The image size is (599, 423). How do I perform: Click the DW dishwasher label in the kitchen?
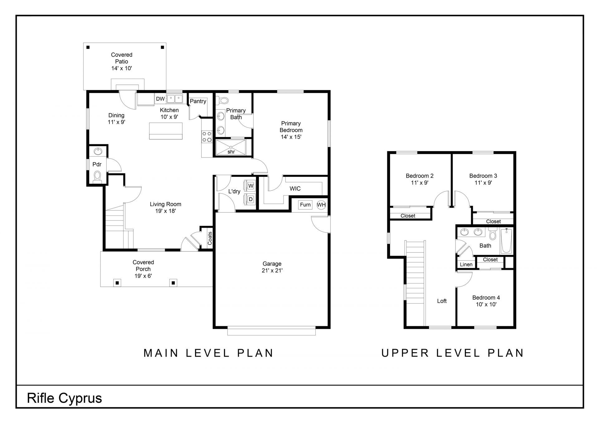(x=160, y=99)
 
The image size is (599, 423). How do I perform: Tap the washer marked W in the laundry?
(x=251, y=186)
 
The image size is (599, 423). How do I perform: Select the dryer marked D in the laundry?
(x=251, y=199)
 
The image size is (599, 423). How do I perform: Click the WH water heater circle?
(x=321, y=205)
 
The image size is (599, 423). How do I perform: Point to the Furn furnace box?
(x=305, y=204)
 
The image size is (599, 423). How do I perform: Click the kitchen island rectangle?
(x=166, y=131)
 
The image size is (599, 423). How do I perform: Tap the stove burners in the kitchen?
(x=207, y=137)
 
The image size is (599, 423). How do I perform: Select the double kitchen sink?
(x=174, y=99)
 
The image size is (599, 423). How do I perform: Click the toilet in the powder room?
(x=98, y=176)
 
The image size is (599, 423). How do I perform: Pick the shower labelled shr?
(x=231, y=147)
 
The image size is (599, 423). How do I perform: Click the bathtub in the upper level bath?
(x=507, y=241)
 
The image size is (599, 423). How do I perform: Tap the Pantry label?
(x=198, y=101)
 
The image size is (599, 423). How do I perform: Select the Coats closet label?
(x=210, y=238)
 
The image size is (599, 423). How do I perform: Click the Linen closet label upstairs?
(x=466, y=265)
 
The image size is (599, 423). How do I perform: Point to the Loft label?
(x=442, y=301)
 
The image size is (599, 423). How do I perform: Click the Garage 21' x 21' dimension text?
(x=272, y=271)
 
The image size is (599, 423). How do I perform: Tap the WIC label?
(x=295, y=189)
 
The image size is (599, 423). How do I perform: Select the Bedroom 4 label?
(x=486, y=298)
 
